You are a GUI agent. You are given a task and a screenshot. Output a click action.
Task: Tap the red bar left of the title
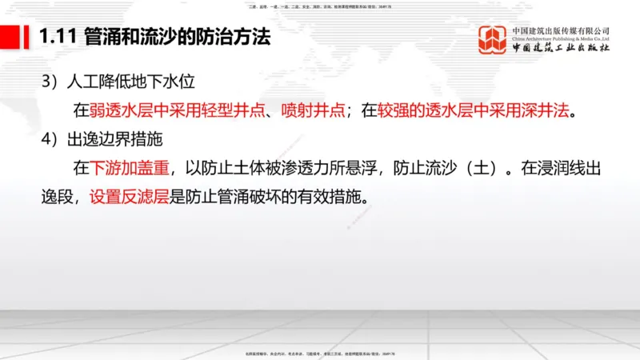12,37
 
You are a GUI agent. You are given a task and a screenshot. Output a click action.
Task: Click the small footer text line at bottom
320,353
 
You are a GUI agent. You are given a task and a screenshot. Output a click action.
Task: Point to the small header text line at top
320,6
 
